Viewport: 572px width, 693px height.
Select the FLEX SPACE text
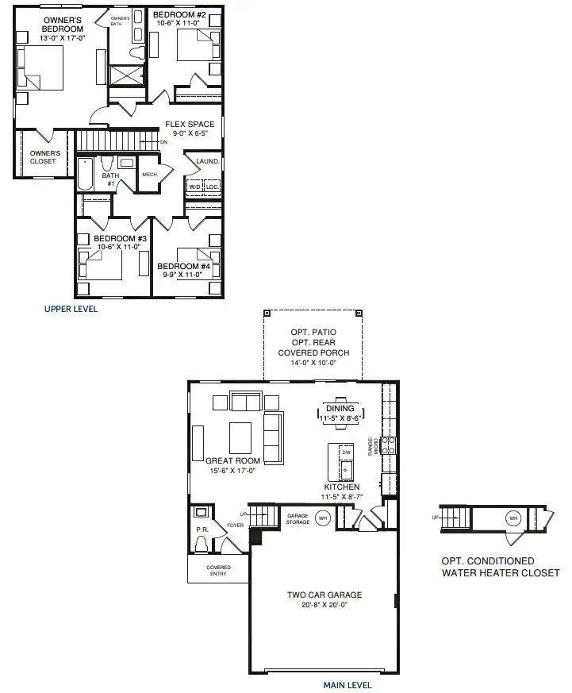190,124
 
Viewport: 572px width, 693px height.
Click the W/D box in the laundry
194,187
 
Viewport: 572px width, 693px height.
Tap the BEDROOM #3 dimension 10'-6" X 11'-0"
120,247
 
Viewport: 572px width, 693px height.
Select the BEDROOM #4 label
183,266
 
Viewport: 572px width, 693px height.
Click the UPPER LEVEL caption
71,309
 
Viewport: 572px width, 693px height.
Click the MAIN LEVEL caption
347,684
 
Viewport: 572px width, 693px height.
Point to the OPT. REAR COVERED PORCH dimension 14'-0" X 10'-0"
313,363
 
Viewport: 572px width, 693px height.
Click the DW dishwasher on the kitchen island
346,452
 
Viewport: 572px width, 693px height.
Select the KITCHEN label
341,487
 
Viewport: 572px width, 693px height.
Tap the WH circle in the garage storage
322,518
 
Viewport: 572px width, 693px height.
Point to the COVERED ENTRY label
218,571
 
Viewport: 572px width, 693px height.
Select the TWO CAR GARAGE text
324,595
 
